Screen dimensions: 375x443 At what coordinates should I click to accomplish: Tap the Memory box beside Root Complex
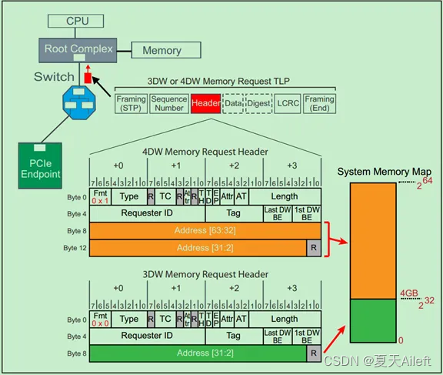tap(162, 51)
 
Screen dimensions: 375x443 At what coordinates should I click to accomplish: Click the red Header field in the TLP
tap(205, 103)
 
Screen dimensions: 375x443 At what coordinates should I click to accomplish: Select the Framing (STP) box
tap(130, 103)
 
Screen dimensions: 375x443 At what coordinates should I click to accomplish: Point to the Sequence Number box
tap(168, 103)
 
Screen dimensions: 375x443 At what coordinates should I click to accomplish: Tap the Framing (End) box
tap(318, 103)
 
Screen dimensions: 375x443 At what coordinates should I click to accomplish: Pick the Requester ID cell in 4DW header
tap(147, 213)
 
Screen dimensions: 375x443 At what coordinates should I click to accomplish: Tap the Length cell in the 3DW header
tap(284, 319)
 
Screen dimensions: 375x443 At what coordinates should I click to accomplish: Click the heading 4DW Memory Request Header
tap(205, 152)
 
